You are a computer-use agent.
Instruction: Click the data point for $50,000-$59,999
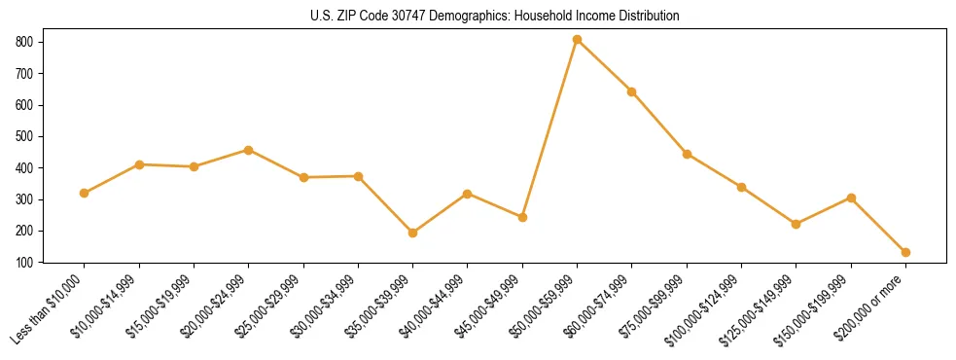pyautogui.click(x=577, y=40)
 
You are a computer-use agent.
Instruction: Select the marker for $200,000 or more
pyautogui.click(x=905, y=252)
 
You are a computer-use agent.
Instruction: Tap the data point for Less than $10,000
pyautogui.click(x=85, y=193)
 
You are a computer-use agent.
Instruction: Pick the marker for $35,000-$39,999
pyautogui.click(x=412, y=233)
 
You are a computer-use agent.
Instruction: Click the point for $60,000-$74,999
pyautogui.click(x=632, y=91)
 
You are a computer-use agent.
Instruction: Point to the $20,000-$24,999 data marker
pyautogui.click(x=248, y=150)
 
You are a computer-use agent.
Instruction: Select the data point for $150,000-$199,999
pyautogui.click(x=851, y=198)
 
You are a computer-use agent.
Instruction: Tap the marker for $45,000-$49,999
pyautogui.click(x=522, y=217)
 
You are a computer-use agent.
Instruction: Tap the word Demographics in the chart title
pyautogui.click(x=478, y=17)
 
